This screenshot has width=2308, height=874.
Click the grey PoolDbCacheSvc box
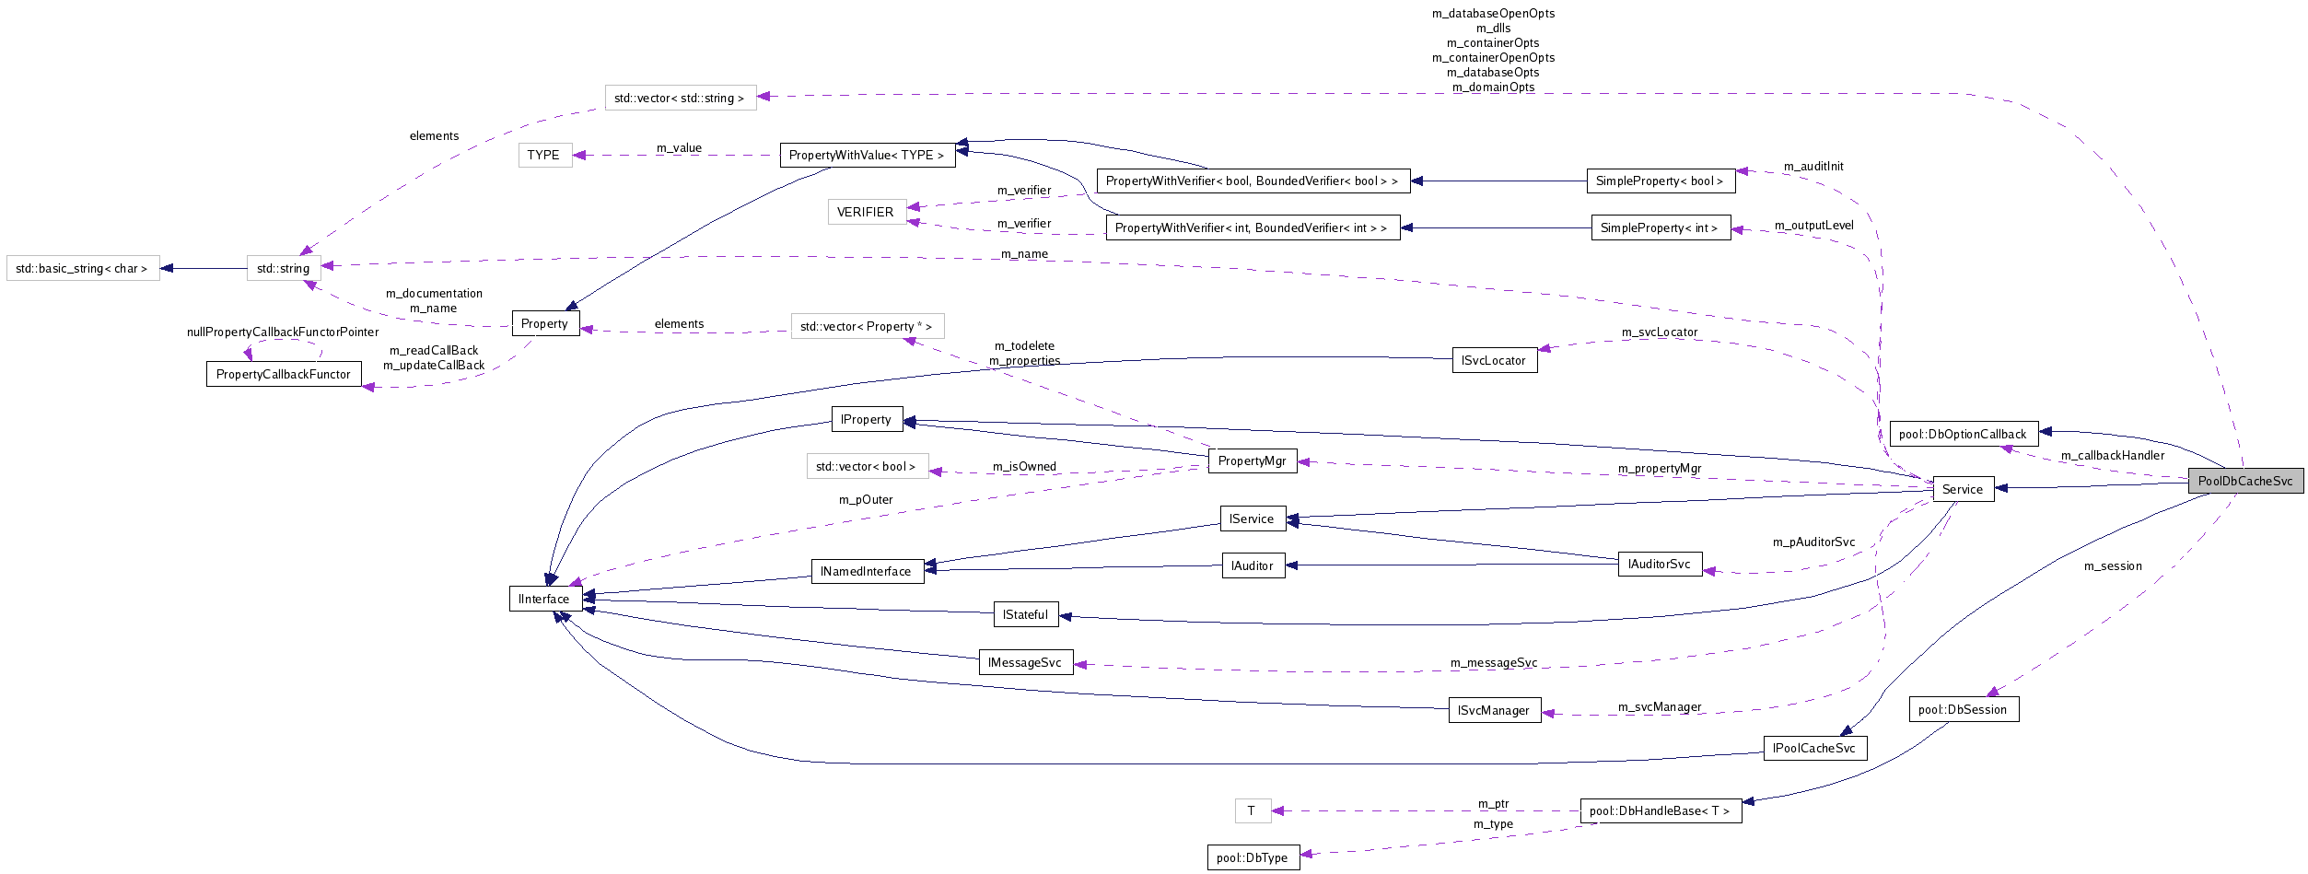[x=2244, y=481]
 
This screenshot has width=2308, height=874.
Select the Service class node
[x=1962, y=489]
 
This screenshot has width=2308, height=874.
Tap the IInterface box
[x=544, y=599]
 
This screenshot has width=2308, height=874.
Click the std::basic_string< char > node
[x=82, y=268]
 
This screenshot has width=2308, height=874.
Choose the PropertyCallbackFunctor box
[x=283, y=374]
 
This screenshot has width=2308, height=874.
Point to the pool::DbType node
[x=1253, y=857]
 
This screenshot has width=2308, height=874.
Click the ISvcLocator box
[x=1493, y=360]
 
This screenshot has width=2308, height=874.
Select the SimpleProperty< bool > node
[x=1660, y=181]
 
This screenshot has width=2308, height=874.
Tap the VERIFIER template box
[x=865, y=212]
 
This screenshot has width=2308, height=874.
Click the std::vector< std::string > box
[x=680, y=98]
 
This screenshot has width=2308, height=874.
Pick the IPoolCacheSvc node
[x=1814, y=748]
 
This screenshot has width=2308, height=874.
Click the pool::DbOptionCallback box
[x=1963, y=434]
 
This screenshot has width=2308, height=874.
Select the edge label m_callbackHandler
[x=2112, y=455]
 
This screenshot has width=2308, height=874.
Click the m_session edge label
[x=2113, y=565]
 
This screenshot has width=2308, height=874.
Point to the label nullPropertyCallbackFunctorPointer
[x=283, y=332]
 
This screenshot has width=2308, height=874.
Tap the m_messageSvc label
[x=1493, y=662]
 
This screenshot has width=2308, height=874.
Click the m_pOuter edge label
[x=865, y=499]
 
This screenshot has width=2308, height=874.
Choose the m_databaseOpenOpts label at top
[x=1493, y=13]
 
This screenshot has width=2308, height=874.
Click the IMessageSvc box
[x=1025, y=662]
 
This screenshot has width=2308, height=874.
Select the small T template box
[x=1252, y=810]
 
